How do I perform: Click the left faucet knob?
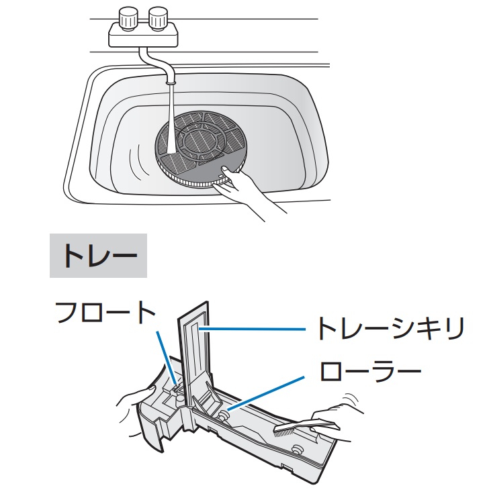[x=128, y=19]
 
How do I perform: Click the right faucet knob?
[x=158, y=19]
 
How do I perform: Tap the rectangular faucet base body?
[x=143, y=36]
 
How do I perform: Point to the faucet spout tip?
[x=171, y=82]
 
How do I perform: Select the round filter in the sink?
[x=201, y=149]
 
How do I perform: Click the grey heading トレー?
[x=98, y=256]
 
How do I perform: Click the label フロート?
[x=105, y=312]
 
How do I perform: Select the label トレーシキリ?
[x=390, y=328]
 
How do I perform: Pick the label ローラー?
[x=370, y=371]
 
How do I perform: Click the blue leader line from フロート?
[x=167, y=357]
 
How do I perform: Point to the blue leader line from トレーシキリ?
[x=252, y=329]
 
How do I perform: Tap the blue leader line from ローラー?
[x=265, y=393]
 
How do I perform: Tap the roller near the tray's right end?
[x=297, y=450]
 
